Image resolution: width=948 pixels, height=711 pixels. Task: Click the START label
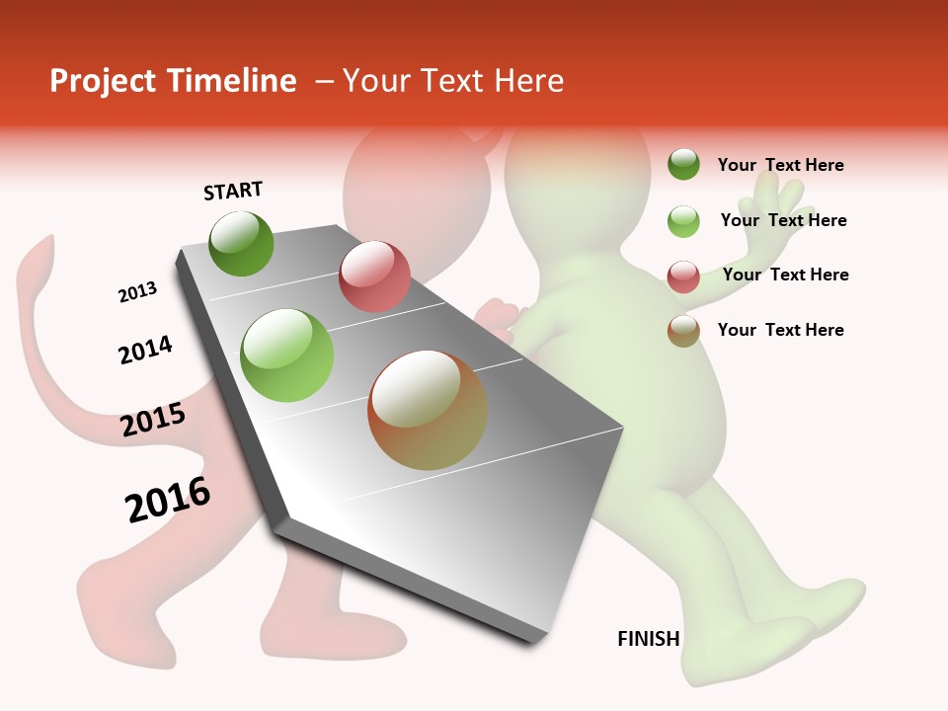233,191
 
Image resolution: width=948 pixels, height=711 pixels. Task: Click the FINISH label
648,639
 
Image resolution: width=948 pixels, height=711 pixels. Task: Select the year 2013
137,292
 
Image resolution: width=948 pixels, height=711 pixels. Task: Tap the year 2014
145,351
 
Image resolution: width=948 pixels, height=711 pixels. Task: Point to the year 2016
168,500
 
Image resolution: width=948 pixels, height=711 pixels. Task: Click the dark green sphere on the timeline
241,243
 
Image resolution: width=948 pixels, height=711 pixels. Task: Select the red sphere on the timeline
374,276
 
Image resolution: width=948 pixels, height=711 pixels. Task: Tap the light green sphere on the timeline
286,355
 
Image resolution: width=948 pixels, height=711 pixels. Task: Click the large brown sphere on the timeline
427,410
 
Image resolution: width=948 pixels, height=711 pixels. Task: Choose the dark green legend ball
683,164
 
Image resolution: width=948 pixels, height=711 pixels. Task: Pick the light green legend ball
683,220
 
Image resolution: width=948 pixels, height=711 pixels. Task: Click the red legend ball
683,276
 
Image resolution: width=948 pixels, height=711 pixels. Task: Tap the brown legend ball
683,331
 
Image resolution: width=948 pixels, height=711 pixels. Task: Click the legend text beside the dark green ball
780,165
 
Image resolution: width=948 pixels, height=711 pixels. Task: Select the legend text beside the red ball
785,275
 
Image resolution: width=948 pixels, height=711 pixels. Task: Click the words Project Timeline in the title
173,81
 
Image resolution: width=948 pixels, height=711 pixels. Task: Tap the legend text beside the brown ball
780,330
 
